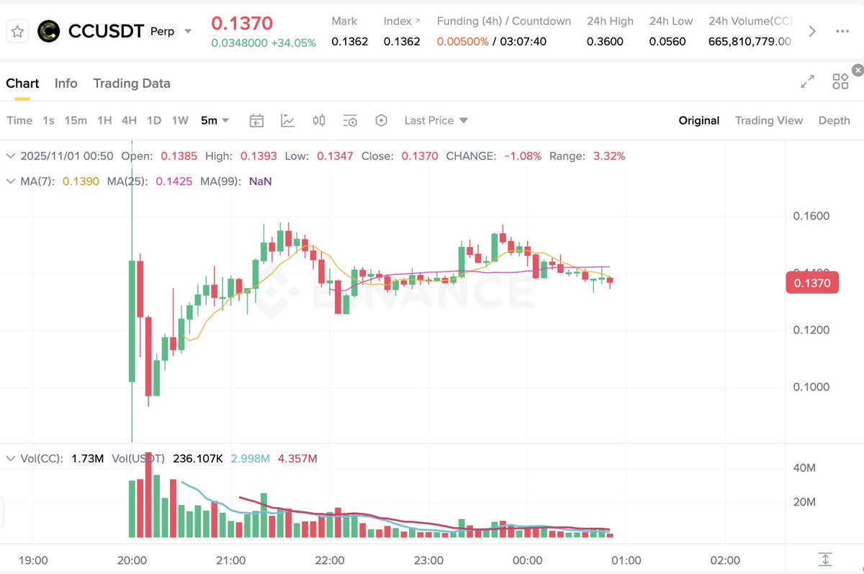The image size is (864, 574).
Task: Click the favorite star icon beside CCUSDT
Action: tap(18, 31)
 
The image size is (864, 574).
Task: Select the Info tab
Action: tap(66, 84)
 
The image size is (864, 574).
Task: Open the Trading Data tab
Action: tap(132, 84)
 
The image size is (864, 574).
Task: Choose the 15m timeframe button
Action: tap(76, 120)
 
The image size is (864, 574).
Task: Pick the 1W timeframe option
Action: tap(180, 120)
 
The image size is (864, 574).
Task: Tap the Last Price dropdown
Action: tap(436, 120)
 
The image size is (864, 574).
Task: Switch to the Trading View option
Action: tap(768, 120)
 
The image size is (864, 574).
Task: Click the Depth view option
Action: tap(834, 120)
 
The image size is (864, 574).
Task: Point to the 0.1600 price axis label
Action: tap(811, 216)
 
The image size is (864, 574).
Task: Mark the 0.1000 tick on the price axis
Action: tap(811, 387)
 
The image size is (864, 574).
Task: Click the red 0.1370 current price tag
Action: tap(812, 283)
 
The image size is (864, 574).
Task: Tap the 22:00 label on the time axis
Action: tap(330, 560)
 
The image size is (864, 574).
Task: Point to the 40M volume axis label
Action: tap(804, 468)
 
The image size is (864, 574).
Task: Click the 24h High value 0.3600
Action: tap(605, 42)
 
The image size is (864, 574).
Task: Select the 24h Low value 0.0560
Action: tap(667, 42)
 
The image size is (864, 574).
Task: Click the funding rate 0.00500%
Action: tap(462, 42)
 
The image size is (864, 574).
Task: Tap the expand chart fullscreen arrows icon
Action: tap(807, 81)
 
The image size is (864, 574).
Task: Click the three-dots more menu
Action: tap(842, 31)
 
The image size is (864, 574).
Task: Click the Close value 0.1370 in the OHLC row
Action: tap(420, 156)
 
